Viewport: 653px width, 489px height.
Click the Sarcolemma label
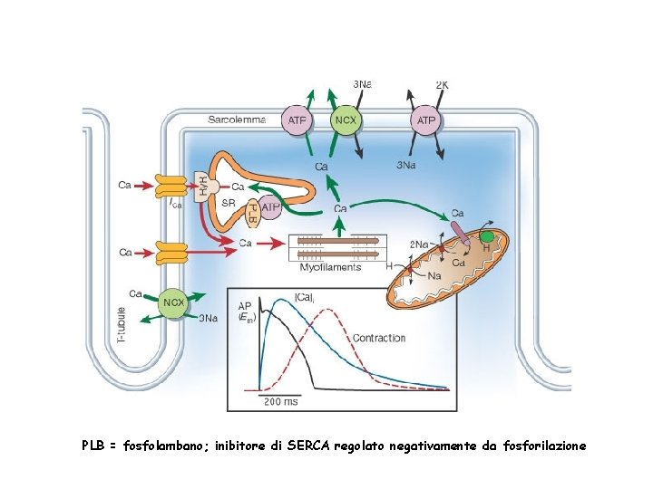pyautogui.click(x=236, y=119)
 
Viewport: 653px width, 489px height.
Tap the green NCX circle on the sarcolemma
pyautogui.click(x=346, y=120)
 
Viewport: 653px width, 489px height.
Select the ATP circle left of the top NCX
pyautogui.click(x=297, y=120)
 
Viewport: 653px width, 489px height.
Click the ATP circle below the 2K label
pyautogui.click(x=426, y=120)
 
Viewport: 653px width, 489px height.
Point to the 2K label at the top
pyautogui.click(x=442, y=84)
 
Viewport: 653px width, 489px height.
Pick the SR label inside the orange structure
pyautogui.click(x=229, y=205)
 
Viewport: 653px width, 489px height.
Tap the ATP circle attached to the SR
pyautogui.click(x=269, y=207)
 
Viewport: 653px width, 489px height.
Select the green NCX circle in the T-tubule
pyautogui.click(x=172, y=303)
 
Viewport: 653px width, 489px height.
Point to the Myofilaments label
pyautogui.click(x=330, y=267)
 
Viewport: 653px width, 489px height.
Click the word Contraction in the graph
pyautogui.click(x=379, y=338)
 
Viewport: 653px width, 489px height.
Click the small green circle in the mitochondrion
pyautogui.click(x=487, y=237)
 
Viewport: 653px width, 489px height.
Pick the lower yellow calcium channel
pyautogui.click(x=170, y=253)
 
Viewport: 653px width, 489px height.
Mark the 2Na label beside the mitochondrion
pyautogui.click(x=420, y=244)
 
